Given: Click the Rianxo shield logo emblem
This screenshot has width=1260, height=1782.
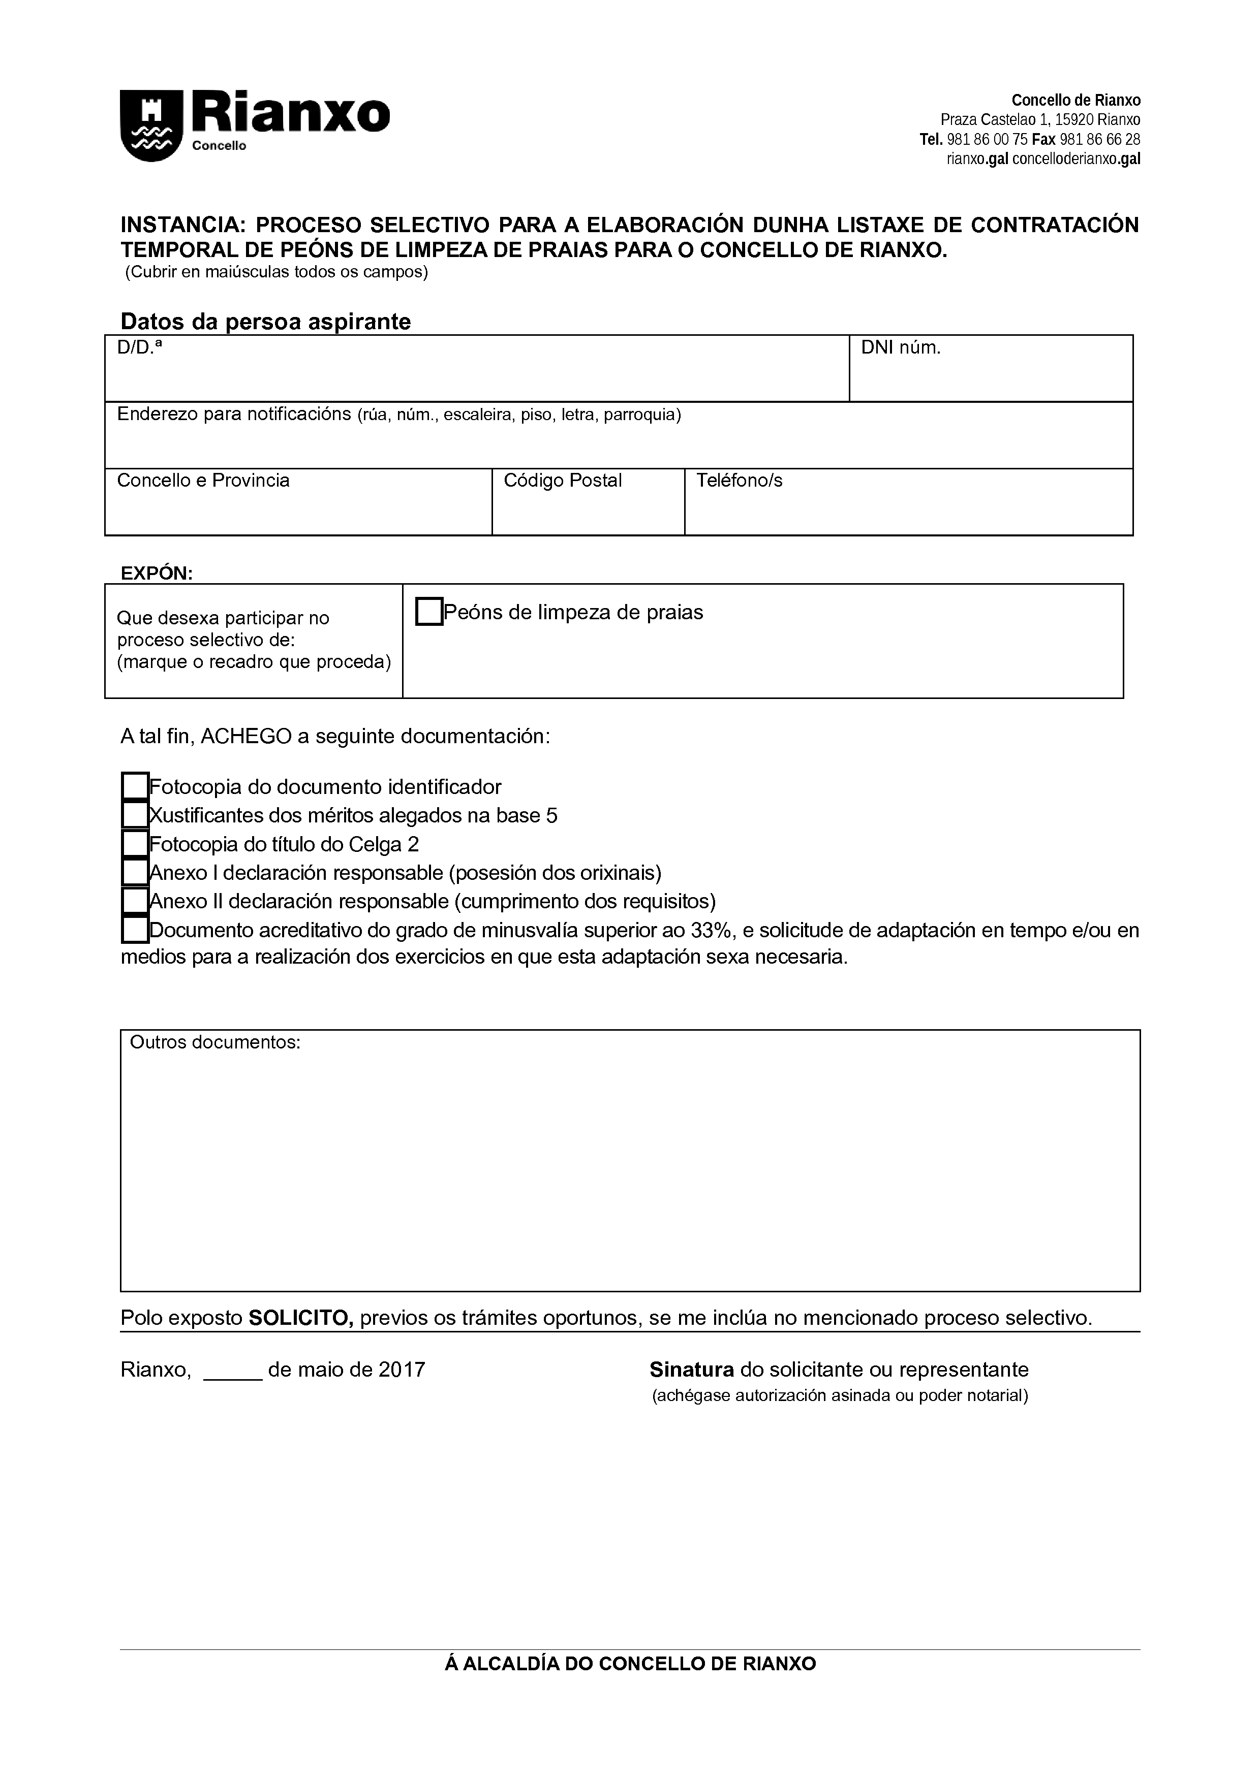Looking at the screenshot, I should pos(150,126).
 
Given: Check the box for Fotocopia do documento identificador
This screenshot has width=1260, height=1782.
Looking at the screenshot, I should pos(135,786).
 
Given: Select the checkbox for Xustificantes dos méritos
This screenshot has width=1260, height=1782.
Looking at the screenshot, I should pos(135,815).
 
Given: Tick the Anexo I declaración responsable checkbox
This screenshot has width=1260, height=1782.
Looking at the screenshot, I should pos(135,872).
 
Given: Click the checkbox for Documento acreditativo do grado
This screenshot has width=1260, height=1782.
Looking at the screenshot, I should pos(135,930).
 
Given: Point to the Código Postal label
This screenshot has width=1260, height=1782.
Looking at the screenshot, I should pos(563,481).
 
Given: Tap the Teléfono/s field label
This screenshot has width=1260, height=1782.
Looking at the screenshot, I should pos(739,481).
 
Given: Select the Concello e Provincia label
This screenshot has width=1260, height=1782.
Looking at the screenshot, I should pos(203,481).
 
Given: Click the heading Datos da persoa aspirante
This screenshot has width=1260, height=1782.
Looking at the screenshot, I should pos(265,322).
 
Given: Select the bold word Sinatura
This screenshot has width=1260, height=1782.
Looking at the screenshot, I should pos(692,1369).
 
